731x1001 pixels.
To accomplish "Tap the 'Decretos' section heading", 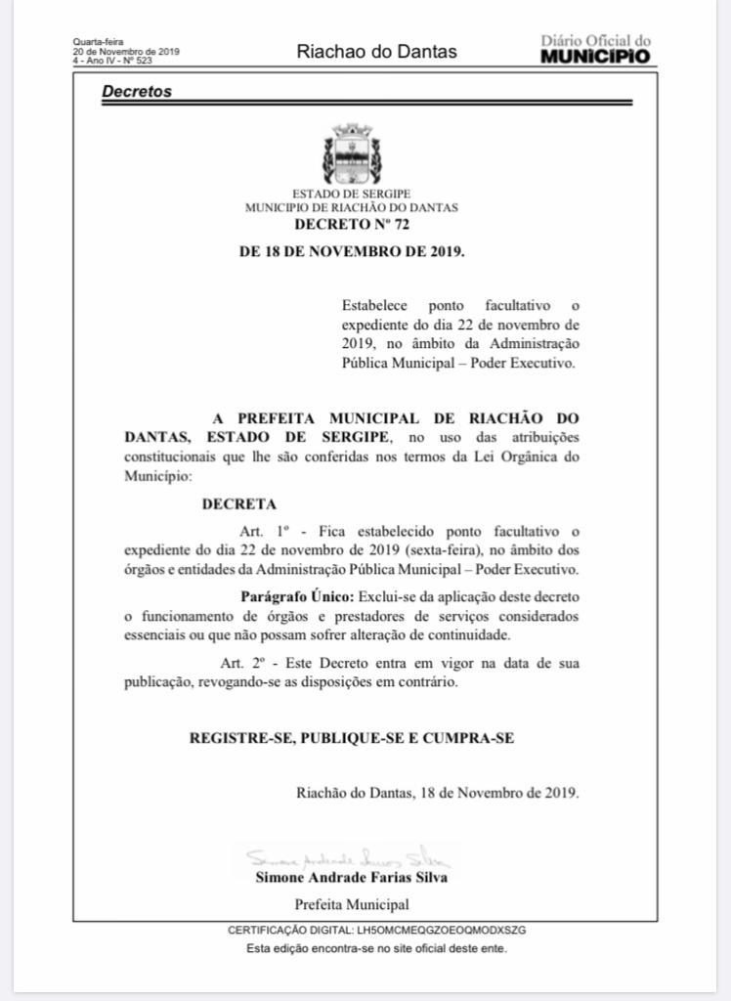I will pyautogui.click(x=136, y=92).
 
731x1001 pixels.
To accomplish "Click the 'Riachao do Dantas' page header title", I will pyautogui.click(x=376, y=52).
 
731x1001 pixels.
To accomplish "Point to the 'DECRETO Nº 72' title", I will pyautogui.click(x=352, y=224).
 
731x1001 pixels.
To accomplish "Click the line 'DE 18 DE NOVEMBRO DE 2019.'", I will pyautogui.click(x=352, y=250).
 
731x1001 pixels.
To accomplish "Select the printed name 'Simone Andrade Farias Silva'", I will pyautogui.click(x=352, y=877).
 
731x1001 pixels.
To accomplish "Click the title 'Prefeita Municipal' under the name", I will pyautogui.click(x=352, y=903).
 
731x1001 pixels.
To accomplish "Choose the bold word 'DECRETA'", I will pyautogui.click(x=238, y=505).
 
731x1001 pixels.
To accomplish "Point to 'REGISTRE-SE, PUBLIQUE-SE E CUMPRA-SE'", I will pyautogui.click(x=351, y=738).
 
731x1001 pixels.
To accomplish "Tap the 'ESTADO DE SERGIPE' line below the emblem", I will pyautogui.click(x=352, y=194).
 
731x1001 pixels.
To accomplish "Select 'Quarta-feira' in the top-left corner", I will pyautogui.click(x=93, y=43).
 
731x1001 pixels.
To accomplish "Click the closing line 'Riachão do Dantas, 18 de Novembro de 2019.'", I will pyautogui.click(x=437, y=793).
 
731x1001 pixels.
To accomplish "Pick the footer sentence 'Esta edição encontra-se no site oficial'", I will pyautogui.click(x=376, y=947).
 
